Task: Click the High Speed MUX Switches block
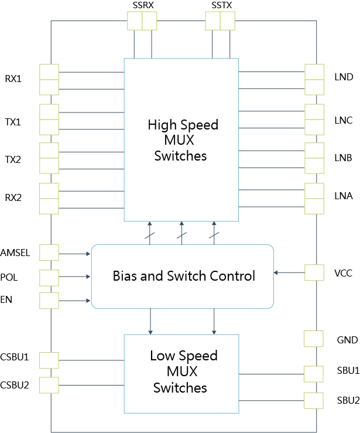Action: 181,139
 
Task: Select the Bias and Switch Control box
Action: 183,276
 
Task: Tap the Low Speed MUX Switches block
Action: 181,372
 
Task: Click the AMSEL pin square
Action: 49,253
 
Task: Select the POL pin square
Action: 49,277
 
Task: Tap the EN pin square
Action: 49,301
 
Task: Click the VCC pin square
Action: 314,272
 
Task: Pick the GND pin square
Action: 314,339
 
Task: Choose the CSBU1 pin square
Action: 49,360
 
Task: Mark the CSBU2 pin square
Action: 49,384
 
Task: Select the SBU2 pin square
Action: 314,400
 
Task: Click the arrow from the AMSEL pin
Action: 75,254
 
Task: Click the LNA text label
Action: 344,196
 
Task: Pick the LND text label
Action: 344,77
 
